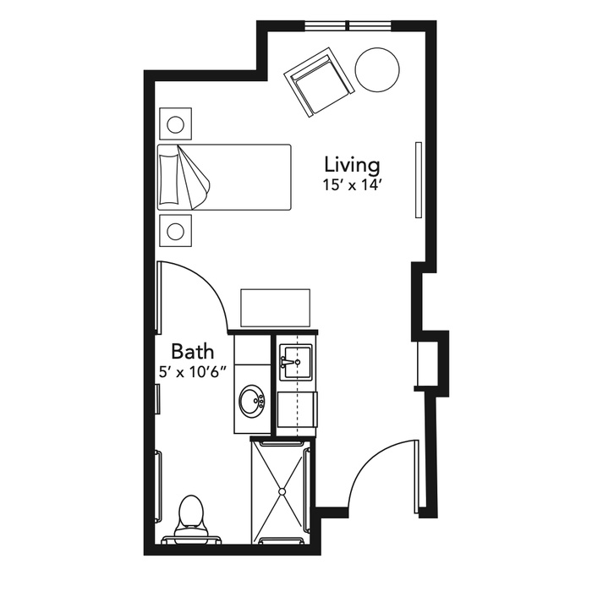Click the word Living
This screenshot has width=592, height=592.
pyautogui.click(x=353, y=166)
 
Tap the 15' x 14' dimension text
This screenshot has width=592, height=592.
pyautogui.click(x=350, y=185)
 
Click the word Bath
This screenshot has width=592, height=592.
pyautogui.click(x=193, y=352)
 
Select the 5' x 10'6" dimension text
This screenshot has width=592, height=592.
pyautogui.click(x=193, y=373)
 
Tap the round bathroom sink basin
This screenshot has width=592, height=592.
pyautogui.click(x=252, y=400)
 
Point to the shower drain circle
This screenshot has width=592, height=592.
pyautogui.click(x=282, y=491)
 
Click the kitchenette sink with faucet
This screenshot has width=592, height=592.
pyautogui.click(x=295, y=363)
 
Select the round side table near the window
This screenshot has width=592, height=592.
pyautogui.click(x=377, y=69)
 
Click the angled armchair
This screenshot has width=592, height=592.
pyautogui.click(x=320, y=82)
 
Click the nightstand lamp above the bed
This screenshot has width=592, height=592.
pyautogui.click(x=175, y=124)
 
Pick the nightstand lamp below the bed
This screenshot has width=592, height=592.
pyautogui.click(x=175, y=231)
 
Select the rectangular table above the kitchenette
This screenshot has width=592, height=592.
pyautogui.click(x=275, y=308)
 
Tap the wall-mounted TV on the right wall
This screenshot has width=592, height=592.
pyautogui.click(x=419, y=179)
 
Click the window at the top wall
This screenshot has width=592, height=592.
pyautogui.click(x=348, y=25)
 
